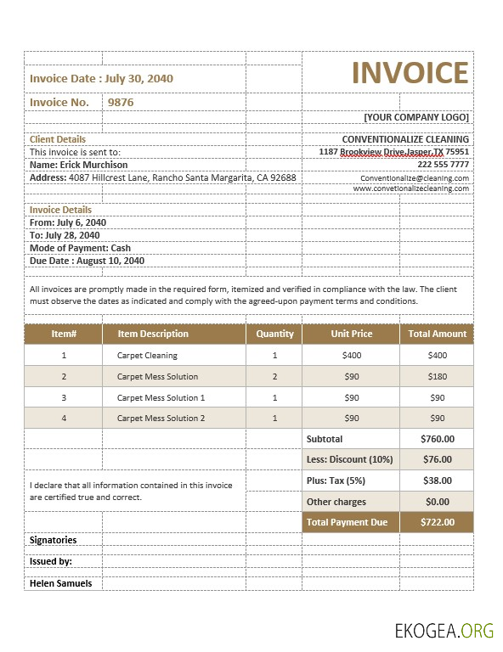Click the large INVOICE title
click(410, 73)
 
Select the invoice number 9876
click(120, 102)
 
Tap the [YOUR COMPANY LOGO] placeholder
click(415, 117)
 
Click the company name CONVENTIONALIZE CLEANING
click(405, 139)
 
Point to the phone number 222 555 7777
click(443, 164)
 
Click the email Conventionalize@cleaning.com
click(415, 178)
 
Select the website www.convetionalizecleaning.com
click(411, 188)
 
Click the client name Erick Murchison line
click(79, 165)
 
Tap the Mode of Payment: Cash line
click(80, 248)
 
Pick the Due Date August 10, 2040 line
click(87, 261)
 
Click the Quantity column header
click(274, 334)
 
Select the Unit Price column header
click(351, 334)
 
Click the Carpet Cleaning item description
click(147, 356)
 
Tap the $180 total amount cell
click(437, 376)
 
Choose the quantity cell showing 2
click(274, 376)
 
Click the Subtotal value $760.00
click(437, 439)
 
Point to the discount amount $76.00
click(437, 459)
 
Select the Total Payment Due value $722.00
click(437, 522)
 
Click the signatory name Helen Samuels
click(60, 583)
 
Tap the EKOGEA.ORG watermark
click(444, 629)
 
